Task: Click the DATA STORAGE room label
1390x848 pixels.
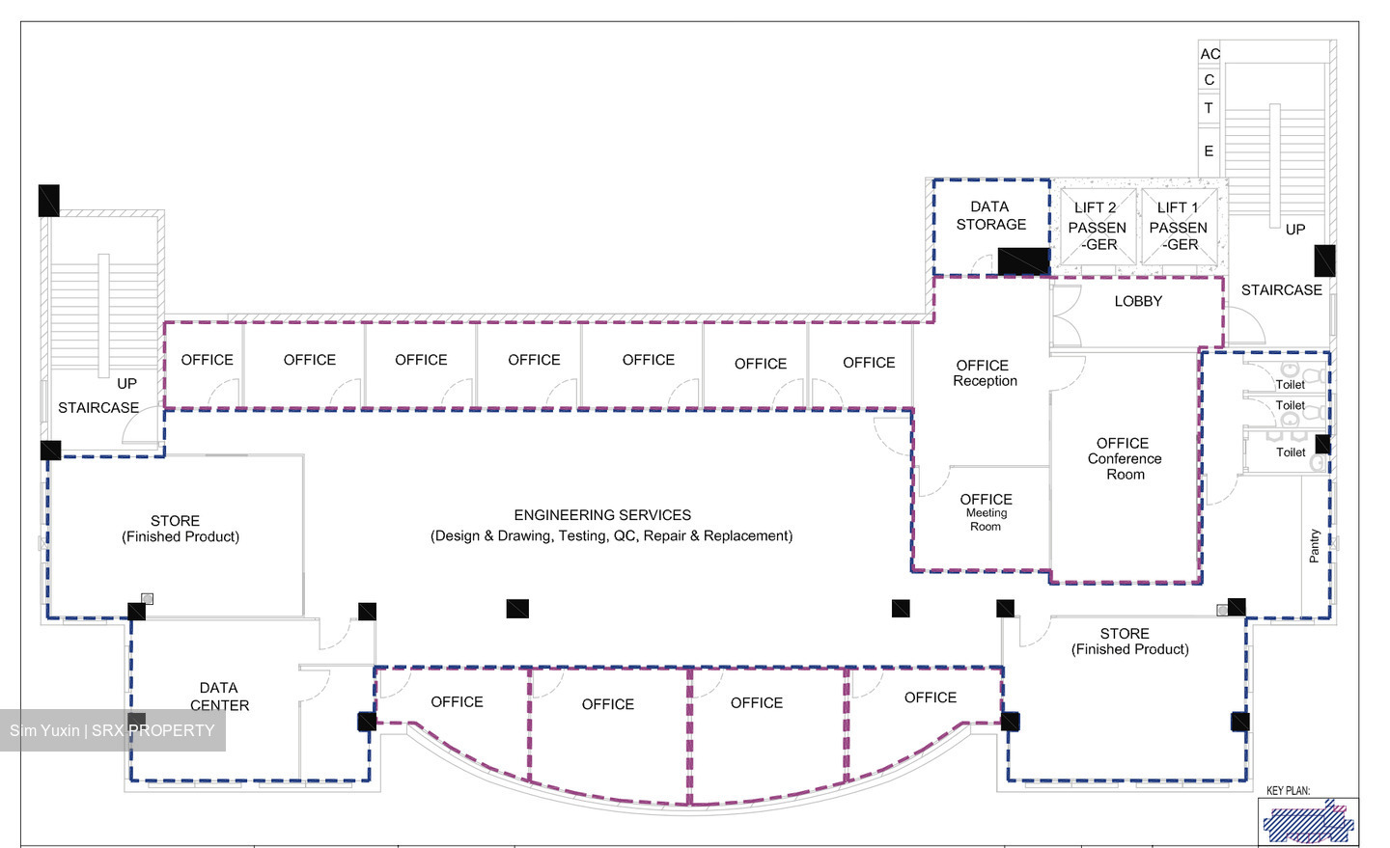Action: click(991, 215)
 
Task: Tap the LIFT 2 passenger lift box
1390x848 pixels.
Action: click(1098, 227)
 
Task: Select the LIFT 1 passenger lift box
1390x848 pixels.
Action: click(1179, 227)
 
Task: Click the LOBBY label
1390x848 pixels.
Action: click(1138, 302)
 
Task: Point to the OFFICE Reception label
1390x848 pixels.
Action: click(985, 372)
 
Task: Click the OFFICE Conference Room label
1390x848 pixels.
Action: click(1125, 459)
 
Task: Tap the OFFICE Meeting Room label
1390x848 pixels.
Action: click(986, 512)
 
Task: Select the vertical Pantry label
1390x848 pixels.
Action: click(1314, 546)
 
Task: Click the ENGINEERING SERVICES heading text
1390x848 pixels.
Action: click(602, 515)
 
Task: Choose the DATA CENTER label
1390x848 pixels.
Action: click(219, 697)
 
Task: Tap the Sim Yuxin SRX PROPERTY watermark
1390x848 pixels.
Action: click(112, 730)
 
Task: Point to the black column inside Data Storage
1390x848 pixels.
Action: click(1024, 260)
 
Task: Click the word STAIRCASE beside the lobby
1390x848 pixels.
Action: click(1282, 289)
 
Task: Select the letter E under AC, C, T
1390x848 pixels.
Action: click(1209, 150)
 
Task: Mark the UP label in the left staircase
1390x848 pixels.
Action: click(126, 383)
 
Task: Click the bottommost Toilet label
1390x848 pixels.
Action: click(1291, 452)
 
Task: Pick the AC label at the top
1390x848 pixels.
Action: click(1210, 54)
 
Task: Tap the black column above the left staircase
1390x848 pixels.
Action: click(49, 201)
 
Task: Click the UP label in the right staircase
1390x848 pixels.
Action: click(1295, 230)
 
